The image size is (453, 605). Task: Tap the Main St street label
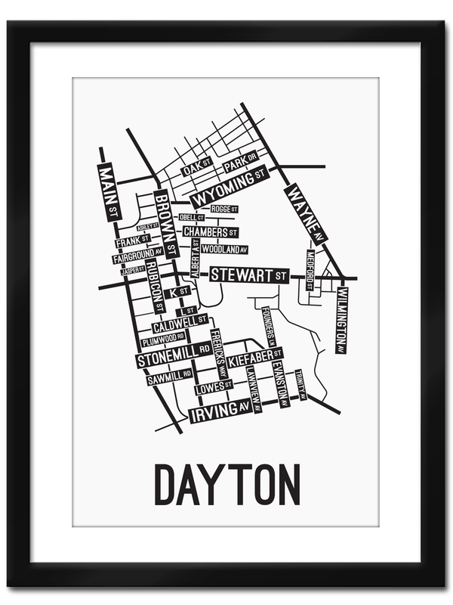pyautogui.click(x=106, y=190)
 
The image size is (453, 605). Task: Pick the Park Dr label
pyautogui.click(x=241, y=163)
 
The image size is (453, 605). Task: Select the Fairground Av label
pyautogui.click(x=137, y=256)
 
